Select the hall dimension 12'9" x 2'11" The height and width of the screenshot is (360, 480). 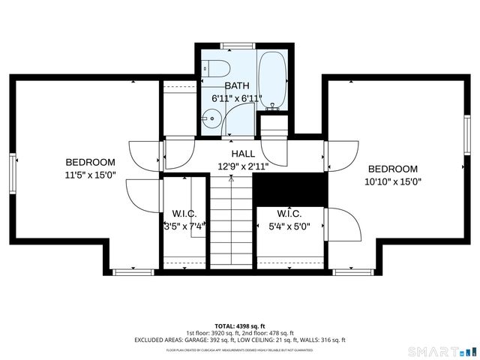[x=242, y=166]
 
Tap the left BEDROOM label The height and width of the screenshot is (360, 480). [x=90, y=162]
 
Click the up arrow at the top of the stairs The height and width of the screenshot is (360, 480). [x=231, y=179]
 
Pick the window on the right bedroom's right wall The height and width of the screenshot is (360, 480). [x=466, y=136]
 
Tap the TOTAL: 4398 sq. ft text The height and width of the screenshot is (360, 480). [x=240, y=326]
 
